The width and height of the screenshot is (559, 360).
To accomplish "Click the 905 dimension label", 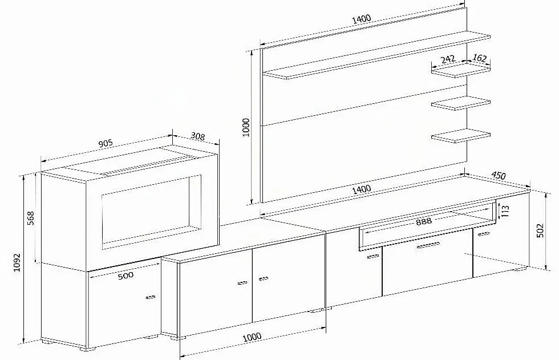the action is [x=106, y=143].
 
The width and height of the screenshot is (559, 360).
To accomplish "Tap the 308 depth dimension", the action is [x=197, y=136].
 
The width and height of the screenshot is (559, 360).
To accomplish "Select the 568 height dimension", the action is [x=31, y=218].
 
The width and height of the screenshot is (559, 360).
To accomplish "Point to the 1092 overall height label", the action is [x=17, y=262].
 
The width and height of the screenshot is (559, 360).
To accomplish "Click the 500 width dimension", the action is [x=125, y=275].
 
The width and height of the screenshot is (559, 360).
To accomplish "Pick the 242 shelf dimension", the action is [x=448, y=59].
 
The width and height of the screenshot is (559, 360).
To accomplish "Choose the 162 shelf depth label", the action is [x=480, y=58].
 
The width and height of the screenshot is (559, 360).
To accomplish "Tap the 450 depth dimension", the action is [x=499, y=175].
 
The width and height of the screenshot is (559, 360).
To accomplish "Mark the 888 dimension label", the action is [x=423, y=221].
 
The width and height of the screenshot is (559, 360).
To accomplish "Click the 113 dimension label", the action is [x=505, y=211].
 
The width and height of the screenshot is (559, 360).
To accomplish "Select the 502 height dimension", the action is [x=541, y=230].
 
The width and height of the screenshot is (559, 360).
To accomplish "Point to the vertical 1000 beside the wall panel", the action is [x=246, y=127].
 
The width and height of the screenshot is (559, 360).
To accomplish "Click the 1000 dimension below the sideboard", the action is [x=252, y=337].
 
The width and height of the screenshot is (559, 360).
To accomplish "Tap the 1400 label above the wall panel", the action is [x=362, y=19].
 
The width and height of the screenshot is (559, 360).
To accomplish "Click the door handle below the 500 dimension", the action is [x=151, y=297].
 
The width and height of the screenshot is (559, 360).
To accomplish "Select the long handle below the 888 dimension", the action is [x=428, y=245].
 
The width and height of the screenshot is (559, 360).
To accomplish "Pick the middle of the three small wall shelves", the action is [x=461, y=103].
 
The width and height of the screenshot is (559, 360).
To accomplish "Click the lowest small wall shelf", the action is [x=461, y=135].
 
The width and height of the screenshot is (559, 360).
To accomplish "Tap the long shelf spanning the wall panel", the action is [x=376, y=55].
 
